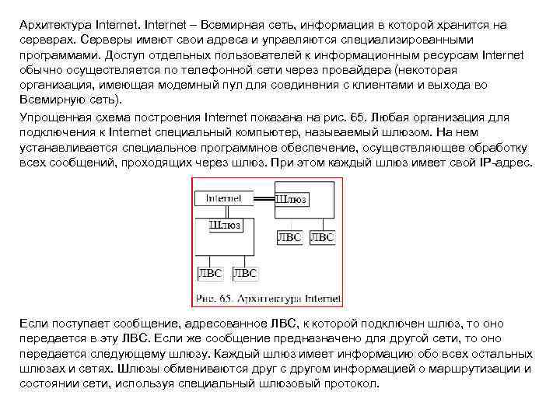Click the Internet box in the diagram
pos(223,198)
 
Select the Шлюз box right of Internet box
pos(291,200)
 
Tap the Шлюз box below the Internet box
pos(225,226)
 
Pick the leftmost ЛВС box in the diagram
pos(210,273)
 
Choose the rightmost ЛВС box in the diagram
pos(322,237)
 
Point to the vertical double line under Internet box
pos(223,212)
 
